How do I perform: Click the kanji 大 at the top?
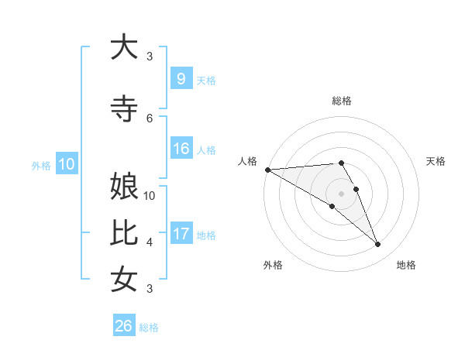point(124,47)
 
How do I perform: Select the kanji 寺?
point(124,109)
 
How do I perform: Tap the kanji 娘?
point(124,188)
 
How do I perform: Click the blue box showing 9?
point(181,79)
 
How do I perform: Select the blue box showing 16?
point(181,149)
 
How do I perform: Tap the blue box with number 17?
point(181,234)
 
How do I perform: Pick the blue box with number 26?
point(124,326)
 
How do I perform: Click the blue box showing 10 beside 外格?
point(67,164)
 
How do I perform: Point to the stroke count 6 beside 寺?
point(150,118)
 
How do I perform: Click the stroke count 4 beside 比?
point(150,242)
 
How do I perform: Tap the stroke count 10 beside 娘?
point(150,196)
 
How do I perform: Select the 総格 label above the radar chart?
point(341,101)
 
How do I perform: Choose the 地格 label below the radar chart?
point(406,265)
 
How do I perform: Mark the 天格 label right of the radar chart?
point(436,161)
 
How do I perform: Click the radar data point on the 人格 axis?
point(267,170)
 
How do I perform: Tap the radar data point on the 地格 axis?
point(378,245)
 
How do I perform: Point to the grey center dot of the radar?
point(341,194)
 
